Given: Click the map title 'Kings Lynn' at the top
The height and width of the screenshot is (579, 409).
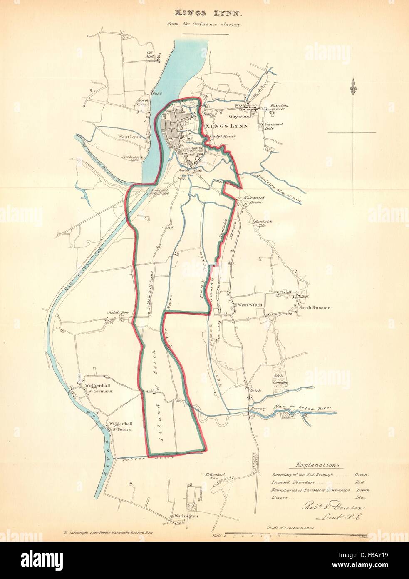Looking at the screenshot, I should [x=204, y=14].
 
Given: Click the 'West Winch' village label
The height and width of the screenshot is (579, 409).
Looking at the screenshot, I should [x=250, y=305].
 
